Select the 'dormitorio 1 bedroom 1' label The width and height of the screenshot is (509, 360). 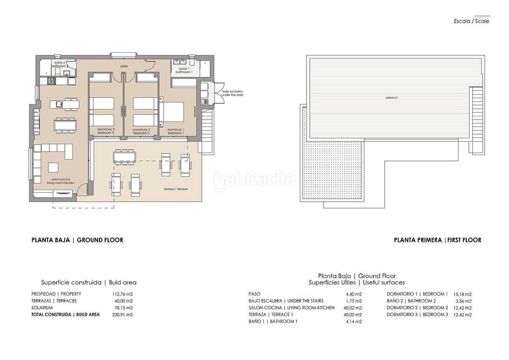[x=176, y=131]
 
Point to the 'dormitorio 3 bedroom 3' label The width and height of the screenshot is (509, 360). [x=106, y=131]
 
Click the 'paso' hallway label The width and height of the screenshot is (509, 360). [x=125, y=66]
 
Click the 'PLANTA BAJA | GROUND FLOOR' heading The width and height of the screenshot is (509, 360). [x=77, y=240]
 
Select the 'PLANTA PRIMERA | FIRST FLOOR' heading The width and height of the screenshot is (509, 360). [x=437, y=240]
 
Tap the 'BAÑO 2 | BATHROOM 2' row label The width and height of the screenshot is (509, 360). [x=411, y=301]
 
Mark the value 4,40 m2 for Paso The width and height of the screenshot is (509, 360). [x=354, y=294]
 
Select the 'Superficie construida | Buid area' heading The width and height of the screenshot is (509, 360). [x=88, y=282]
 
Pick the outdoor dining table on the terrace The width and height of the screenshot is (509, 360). [x=124, y=156]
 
